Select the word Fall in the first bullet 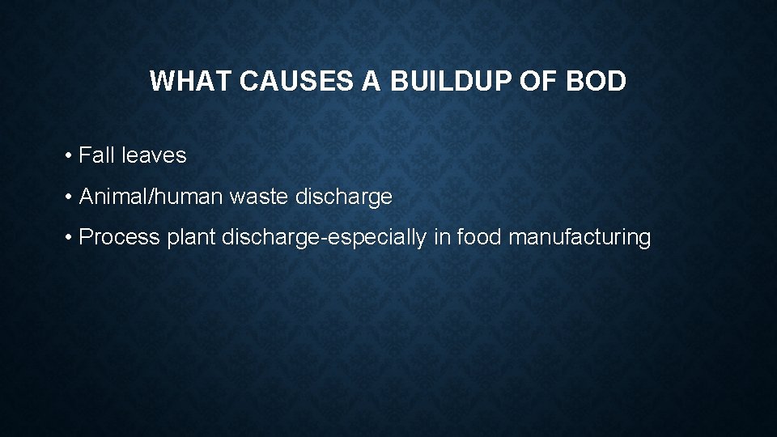click(x=97, y=155)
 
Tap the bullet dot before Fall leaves click(x=71, y=155)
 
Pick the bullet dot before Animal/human click(x=71, y=197)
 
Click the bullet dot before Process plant click(x=71, y=237)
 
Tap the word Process click(x=120, y=237)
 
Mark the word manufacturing click(x=582, y=237)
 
